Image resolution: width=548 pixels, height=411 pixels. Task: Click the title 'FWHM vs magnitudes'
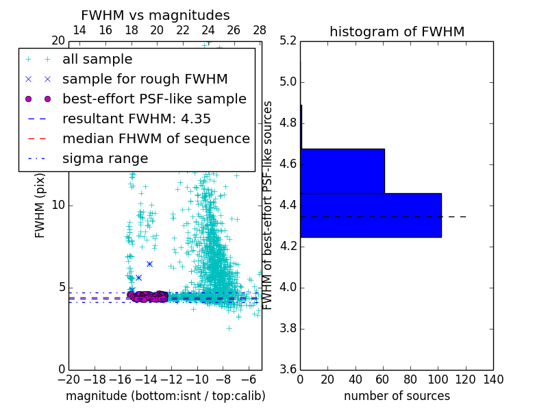(x=155, y=16)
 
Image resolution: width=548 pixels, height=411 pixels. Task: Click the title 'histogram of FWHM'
(x=397, y=32)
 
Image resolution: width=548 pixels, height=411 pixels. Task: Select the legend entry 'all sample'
(x=97, y=60)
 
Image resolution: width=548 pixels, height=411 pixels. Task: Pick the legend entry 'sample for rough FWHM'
(x=145, y=79)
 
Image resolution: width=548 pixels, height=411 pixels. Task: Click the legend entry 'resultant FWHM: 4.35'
(x=136, y=119)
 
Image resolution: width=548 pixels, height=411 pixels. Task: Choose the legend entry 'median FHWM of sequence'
(x=155, y=138)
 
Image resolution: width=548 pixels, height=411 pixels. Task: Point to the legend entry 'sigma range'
(x=105, y=159)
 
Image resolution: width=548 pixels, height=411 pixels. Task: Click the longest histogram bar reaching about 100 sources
(x=371, y=215)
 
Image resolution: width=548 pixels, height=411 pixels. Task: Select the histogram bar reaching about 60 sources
(x=342, y=171)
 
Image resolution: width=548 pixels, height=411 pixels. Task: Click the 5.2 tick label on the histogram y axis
(x=288, y=41)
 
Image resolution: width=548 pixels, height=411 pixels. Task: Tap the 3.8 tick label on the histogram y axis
(x=288, y=328)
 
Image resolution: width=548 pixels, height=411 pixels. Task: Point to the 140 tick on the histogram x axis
(x=493, y=379)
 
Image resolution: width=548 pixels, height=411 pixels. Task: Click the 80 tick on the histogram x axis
(x=410, y=379)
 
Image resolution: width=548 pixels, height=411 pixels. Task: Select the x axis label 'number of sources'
(x=397, y=396)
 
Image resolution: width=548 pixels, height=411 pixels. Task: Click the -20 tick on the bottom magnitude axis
(x=68, y=379)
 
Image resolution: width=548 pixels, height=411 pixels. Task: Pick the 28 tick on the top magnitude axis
(x=260, y=30)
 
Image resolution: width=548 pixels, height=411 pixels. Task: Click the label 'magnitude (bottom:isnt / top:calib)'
(x=165, y=396)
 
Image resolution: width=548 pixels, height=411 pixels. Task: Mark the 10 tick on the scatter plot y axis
(x=58, y=206)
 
